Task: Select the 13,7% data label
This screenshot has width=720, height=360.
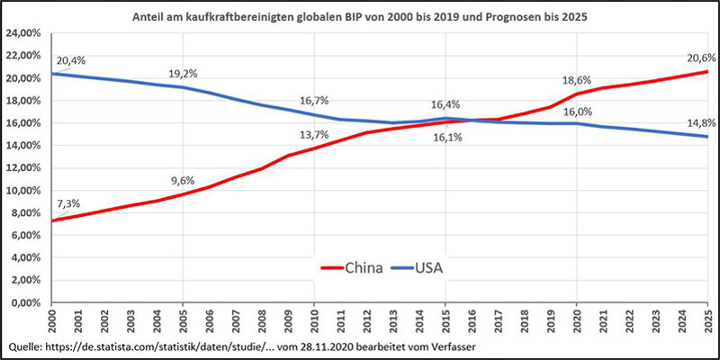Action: [313, 134]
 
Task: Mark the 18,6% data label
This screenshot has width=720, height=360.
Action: [577, 80]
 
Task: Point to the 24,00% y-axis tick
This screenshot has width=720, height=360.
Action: [25, 33]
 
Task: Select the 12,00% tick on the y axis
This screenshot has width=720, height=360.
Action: [25, 168]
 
